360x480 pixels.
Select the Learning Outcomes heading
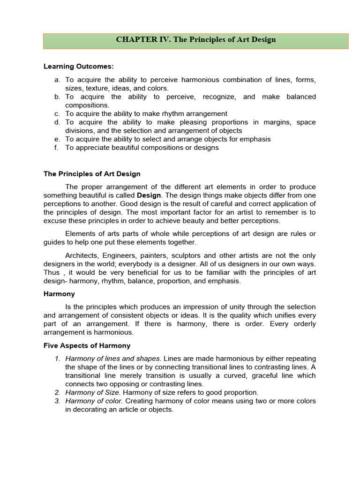click(79, 67)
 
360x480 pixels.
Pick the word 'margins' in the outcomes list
click(262, 122)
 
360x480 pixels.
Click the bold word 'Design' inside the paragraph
click(149, 195)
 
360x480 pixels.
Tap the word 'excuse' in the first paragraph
click(55, 220)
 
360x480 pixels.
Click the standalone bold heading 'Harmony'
click(59, 294)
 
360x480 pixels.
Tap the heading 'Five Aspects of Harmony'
click(87, 345)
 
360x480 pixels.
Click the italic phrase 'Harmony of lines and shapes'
click(113, 359)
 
